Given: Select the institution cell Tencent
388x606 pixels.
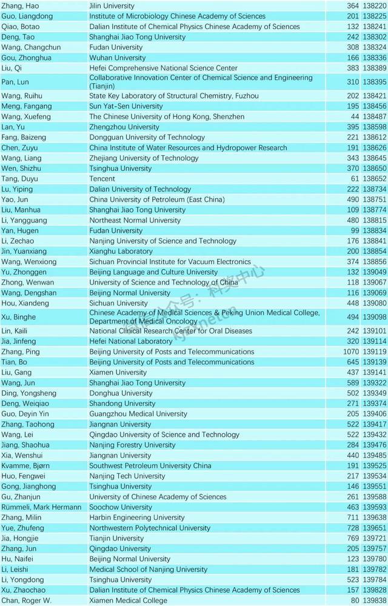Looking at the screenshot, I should pos(102,179).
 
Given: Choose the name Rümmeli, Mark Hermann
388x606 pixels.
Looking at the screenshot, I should pos(41,507).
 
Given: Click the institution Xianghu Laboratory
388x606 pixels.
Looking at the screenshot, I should pos(121,251).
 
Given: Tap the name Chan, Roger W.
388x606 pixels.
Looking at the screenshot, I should pos(25,600).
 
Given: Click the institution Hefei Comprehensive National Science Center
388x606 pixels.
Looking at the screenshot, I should pos(163,68).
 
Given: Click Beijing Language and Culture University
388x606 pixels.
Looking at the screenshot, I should pos(153,272).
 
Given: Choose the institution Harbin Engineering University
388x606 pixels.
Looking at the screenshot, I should pos(136,518).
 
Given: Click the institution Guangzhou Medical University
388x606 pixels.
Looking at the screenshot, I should pos(138,414).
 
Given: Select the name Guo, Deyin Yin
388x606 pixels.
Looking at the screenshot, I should pos(24,414).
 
